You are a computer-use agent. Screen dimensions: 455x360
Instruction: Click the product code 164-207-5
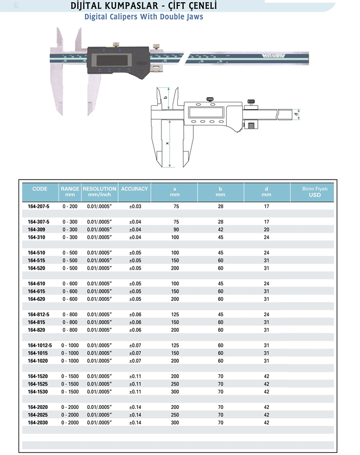click(38, 206)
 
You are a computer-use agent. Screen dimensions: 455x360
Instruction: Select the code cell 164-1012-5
click(40, 345)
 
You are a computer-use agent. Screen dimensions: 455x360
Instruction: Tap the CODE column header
click(40, 189)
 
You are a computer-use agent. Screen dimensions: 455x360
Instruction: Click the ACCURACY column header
click(134, 189)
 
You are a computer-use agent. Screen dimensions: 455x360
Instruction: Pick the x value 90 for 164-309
click(175, 230)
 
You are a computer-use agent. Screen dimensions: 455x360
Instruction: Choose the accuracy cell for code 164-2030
click(136, 423)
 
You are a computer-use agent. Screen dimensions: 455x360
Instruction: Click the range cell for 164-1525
click(70, 384)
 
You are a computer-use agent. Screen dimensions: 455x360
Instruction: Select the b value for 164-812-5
click(221, 315)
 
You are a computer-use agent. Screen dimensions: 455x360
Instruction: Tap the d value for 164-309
click(266, 230)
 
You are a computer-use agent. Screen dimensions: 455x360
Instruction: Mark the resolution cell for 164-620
click(100, 299)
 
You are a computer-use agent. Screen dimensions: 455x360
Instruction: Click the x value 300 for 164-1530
click(175, 392)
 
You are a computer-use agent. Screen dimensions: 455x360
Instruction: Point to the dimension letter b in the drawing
click(166, 97)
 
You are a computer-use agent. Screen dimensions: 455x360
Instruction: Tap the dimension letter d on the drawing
click(296, 113)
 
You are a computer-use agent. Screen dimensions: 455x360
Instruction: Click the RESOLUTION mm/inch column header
click(100, 192)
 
